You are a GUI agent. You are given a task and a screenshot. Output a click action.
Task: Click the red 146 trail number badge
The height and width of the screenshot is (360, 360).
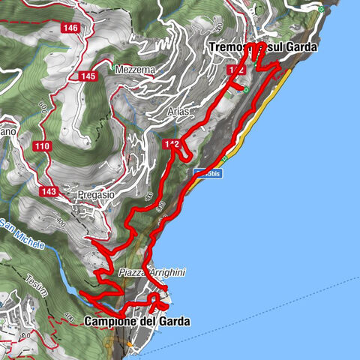[x=71, y=28]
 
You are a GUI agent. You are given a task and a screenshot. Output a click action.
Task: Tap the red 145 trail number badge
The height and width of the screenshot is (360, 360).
[x=88, y=76]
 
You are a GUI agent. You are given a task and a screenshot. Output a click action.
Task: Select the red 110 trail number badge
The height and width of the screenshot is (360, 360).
[x=41, y=145]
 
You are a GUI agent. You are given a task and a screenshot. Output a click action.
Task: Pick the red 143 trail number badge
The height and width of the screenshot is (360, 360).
[x=50, y=190]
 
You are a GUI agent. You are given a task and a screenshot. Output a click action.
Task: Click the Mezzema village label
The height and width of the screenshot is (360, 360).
[x=135, y=70]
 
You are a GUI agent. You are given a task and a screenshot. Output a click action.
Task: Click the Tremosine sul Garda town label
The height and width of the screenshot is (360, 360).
[x=262, y=46]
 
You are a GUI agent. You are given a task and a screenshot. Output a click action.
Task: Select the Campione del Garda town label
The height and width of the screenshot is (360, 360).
[x=137, y=321]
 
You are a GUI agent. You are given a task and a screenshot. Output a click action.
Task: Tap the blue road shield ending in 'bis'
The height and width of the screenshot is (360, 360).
[x=208, y=173]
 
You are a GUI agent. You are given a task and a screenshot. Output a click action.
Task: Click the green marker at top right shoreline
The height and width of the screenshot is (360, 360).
[x=320, y=9]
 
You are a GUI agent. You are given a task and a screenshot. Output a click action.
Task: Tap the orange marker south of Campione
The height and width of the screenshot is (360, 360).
[x=129, y=344]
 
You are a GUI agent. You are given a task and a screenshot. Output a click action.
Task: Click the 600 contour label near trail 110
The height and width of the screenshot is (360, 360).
[x=43, y=115]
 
